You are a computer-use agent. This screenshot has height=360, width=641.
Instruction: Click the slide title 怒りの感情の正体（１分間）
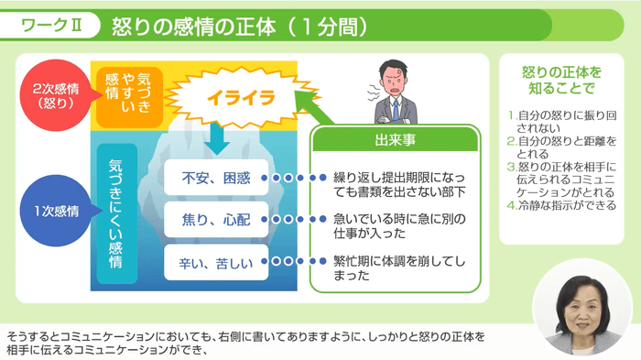click(x=240, y=26)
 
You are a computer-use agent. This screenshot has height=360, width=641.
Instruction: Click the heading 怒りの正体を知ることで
click(x=562, y=81)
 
